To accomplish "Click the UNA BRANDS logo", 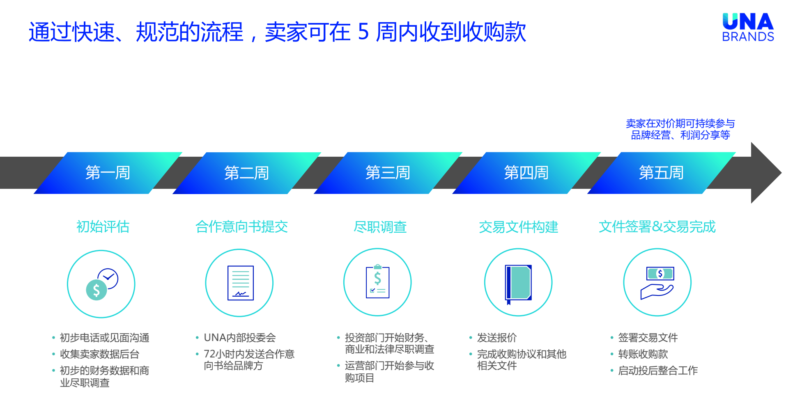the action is (748, 27).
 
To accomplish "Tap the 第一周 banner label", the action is (108, 173).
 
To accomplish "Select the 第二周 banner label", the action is (246, 173).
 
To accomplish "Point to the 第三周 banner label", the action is (388, 173).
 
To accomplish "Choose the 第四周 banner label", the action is (526, 173).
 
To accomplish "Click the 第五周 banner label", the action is (661, 173).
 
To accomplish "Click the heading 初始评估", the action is (103, 227).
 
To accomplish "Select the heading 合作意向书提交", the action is (241, 227).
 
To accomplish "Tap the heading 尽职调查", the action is (380, 227).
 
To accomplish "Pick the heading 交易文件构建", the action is (518, 227).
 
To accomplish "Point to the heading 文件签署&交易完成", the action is (657, 227).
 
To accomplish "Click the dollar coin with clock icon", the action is (102, 284).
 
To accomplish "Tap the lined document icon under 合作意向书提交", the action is (241, 283).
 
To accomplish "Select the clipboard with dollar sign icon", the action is (378, 282).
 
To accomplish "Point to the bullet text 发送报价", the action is (497, 338).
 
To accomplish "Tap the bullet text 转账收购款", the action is (643, 354).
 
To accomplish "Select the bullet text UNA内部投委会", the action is (240, 338).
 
